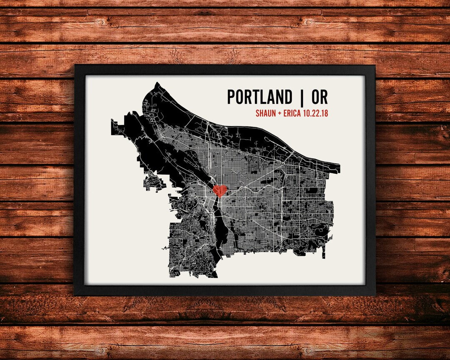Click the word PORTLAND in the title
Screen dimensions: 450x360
tap(260, 97)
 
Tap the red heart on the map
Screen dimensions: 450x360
tap(220, 191)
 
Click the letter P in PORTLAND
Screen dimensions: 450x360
tap(231, 97)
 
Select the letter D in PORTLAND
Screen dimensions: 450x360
tap(288, 97)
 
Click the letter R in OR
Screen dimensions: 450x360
tap(324, 97)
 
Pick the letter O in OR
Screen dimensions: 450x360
tap(314, 97)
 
